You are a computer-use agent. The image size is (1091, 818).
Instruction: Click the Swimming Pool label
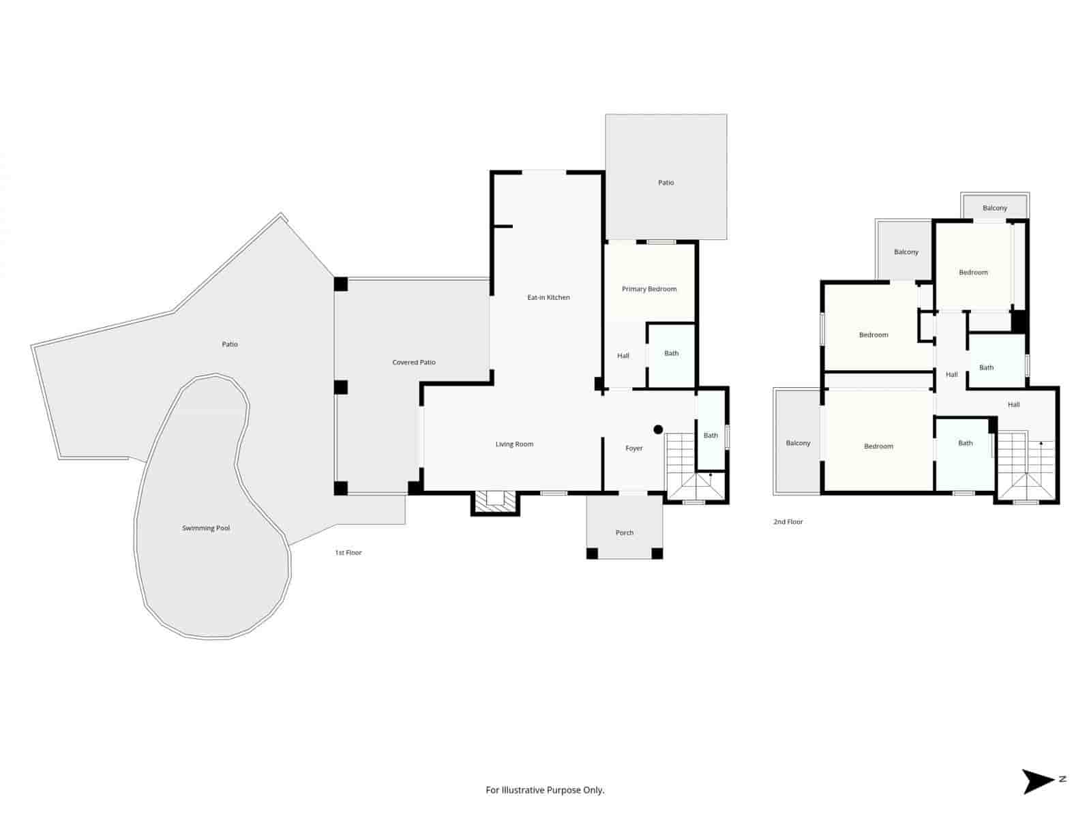[x=206, y=528]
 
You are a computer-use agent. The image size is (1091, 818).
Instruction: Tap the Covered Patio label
[x=414, y=363]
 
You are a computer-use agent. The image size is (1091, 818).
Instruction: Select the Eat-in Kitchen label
[x=548, y=298]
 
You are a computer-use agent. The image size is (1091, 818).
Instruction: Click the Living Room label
[x=514, y=444]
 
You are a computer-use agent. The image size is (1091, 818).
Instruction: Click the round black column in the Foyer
[x=658, y=429]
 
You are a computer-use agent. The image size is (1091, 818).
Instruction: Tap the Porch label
[x=625, y=533]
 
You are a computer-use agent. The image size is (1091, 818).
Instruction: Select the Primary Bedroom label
[x=649, y=289]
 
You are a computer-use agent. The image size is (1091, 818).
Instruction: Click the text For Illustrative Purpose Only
[x=545, y=791]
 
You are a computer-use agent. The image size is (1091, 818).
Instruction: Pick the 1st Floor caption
[x=348, y=553]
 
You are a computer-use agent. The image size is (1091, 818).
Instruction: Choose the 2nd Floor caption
[x=788, y=522]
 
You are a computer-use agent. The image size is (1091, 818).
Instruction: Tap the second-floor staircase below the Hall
[x=1026, y=467]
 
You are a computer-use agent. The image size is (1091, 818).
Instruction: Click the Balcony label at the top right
[x=995, y=208]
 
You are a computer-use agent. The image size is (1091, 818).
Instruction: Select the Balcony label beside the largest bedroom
[x=798, y=443]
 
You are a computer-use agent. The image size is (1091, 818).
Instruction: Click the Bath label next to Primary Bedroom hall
[x=672, y=353]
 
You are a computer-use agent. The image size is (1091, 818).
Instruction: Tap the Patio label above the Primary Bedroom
[x=666, y=183]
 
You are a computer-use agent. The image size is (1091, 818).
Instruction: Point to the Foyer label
[x=634, y=449]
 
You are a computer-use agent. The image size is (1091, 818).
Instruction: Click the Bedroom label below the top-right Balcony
[x=973, y=273]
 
